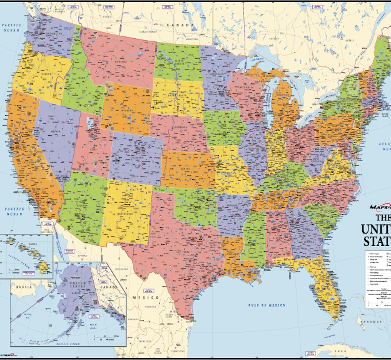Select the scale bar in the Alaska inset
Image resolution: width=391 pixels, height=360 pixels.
[104, 339]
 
